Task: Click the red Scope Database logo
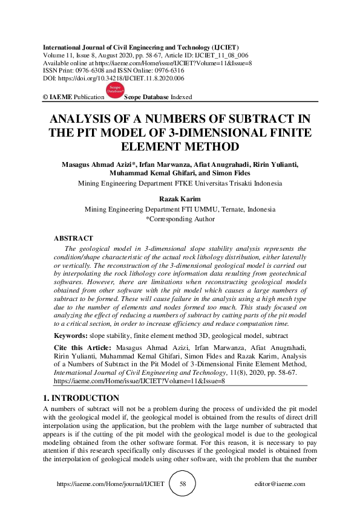click(x=114, y=91)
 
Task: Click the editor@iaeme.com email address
click(x=280, y=484)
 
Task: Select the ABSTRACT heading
click(x=73, y=239)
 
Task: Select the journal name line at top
click(x=141, y=47)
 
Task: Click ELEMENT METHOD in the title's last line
click(x=180, y=147)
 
